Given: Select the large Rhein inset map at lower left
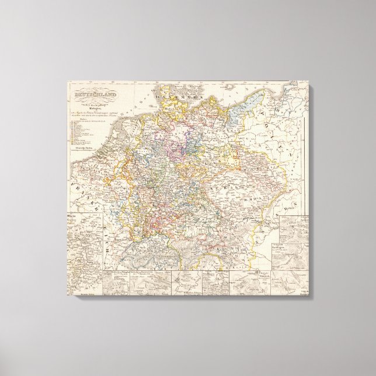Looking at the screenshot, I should (82, 245).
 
